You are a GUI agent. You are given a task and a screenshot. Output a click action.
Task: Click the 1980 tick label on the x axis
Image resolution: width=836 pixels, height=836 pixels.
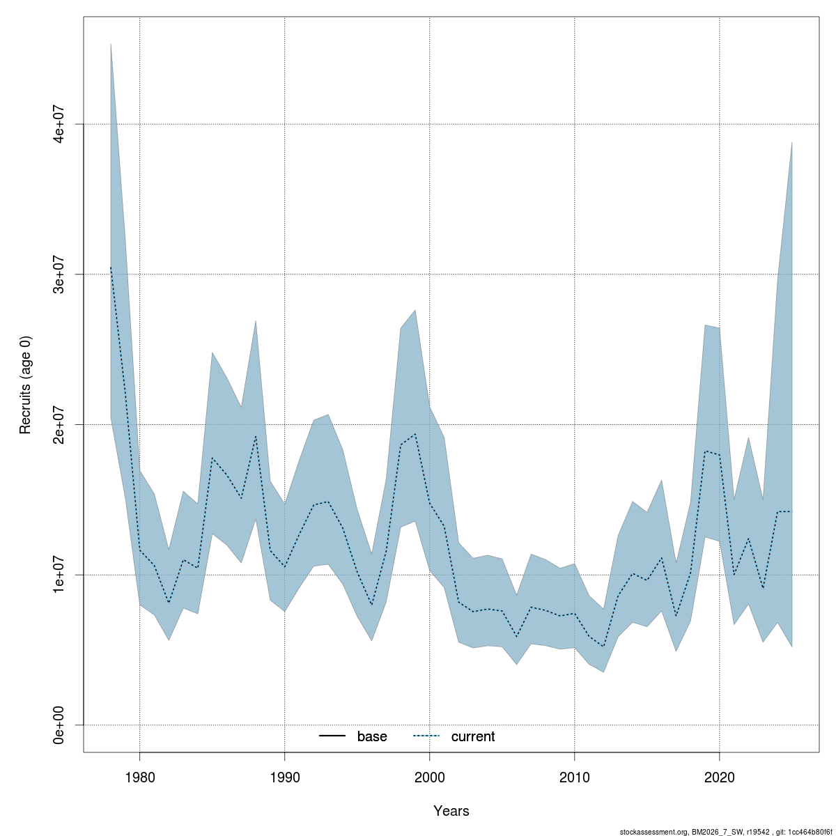click(x=139, y=777)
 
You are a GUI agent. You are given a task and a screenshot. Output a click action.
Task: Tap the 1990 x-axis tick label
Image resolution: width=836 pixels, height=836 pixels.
click(x=284, y=777)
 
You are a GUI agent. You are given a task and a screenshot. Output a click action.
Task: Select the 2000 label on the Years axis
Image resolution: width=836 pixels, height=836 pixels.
click(x=429, y=777)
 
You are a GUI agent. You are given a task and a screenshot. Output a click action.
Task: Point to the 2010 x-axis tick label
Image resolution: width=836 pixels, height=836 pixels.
click(x=574, y=777)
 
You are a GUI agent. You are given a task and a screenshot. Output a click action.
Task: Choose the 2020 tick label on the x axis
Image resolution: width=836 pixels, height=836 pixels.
click(x=719, y=777)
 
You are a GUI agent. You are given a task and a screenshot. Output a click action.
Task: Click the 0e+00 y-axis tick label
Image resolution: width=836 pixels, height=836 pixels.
click(x=60, y=725)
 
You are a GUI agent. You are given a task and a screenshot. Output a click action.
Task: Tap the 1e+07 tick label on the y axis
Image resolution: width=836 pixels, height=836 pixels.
click(x=60, y=575)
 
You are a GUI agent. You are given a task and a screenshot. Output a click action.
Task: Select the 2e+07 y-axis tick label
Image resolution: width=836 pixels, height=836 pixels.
click(x=60, y=424)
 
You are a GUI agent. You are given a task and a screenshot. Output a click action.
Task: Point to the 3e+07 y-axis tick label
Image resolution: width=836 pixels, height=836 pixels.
click(x=60, y=274)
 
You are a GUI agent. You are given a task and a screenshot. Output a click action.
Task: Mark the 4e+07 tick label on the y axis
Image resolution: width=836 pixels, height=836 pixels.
click(x=60, y=124)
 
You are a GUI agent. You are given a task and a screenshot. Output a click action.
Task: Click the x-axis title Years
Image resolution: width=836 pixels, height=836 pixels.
click(x=451, y=811)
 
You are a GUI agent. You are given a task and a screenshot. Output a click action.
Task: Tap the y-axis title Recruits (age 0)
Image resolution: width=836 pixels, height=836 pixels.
click(x=26, y=385)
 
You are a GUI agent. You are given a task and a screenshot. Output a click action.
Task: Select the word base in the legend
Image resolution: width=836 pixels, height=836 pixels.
click(x=372, y=737)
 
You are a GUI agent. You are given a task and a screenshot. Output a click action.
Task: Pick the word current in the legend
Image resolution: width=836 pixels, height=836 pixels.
click(x=473, y=737)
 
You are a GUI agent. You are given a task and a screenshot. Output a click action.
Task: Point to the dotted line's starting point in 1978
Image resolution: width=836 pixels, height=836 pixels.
click(x=111, y=267)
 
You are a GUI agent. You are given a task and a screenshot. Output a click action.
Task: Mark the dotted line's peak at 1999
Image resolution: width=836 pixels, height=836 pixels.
click(x=415, y=433)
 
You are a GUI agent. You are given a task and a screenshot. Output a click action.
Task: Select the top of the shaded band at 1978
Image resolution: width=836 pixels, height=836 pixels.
click(x=111, y=44)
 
